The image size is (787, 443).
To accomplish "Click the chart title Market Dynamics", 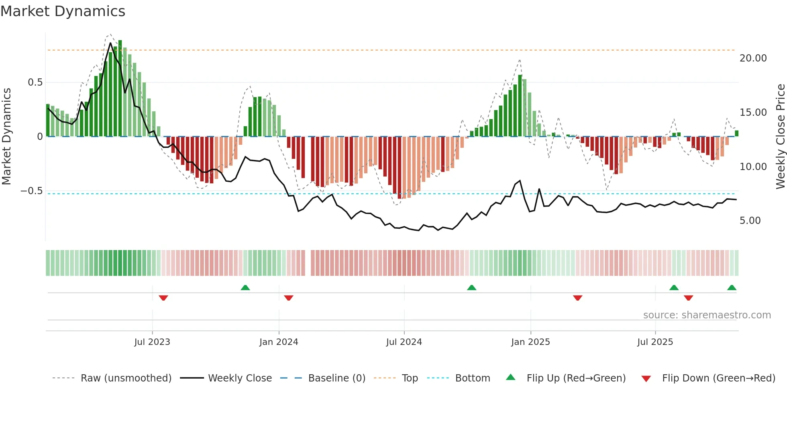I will pyautogui.click(x=63, y=11).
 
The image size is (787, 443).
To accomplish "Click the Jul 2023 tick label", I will pyautogui.click(x=152, y=342).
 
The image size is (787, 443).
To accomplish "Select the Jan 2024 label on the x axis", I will pyautogui.click(x=279, y=342).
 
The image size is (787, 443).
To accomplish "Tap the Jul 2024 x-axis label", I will pyautogui.click(x=404, y=342).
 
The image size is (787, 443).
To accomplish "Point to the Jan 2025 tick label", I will pyautogui.click(x=530, y=342).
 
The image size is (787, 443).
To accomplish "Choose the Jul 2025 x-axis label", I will pyautogui.click(x=655, y=342).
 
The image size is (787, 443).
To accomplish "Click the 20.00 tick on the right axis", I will pyautogui.click(x=753, y=58).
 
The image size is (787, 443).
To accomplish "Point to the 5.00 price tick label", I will pyautogui.click(x=750, y=221).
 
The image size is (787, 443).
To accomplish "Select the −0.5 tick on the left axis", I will pyautogui.click(x=32, y=191).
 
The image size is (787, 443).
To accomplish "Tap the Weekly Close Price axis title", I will pyautogui.click(x=780, y=136).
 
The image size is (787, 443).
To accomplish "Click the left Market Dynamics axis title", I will pyautogui.click(x=6, y=136).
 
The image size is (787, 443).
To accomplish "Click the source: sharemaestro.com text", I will pyautogui.click(x=707, y=315).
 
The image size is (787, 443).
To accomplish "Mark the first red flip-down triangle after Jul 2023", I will pyautogui.click(x=163, y=298).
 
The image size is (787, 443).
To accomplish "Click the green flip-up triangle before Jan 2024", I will pyautogui.click(x=245, y=287).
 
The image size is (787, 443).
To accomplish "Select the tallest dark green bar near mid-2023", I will pyautogui.click(x=120, y=88).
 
